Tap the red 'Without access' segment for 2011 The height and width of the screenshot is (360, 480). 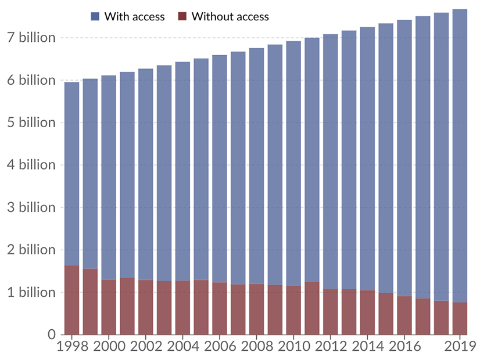tap(312, 308)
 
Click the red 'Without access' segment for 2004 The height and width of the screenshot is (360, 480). tap(182, 308)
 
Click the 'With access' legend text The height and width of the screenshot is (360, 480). tap(134, 16)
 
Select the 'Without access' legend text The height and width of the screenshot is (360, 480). tap(230, 16)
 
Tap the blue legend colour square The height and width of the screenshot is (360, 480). tap(95, 16)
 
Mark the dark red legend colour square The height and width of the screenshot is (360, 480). tap(181, 16)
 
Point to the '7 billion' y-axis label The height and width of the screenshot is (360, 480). tap(31, 38)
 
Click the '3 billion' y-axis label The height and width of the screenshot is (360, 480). tap(31, 207)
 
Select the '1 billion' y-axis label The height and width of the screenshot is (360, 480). tap(31, 292)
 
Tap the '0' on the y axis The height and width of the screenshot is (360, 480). tap(51, 335)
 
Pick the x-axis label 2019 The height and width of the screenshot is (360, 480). tap(460, 347)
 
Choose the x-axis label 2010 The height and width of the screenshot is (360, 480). tap(293, 347)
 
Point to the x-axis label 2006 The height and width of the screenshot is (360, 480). tap(220, 347)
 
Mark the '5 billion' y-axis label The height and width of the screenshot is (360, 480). tap(31, 123)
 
